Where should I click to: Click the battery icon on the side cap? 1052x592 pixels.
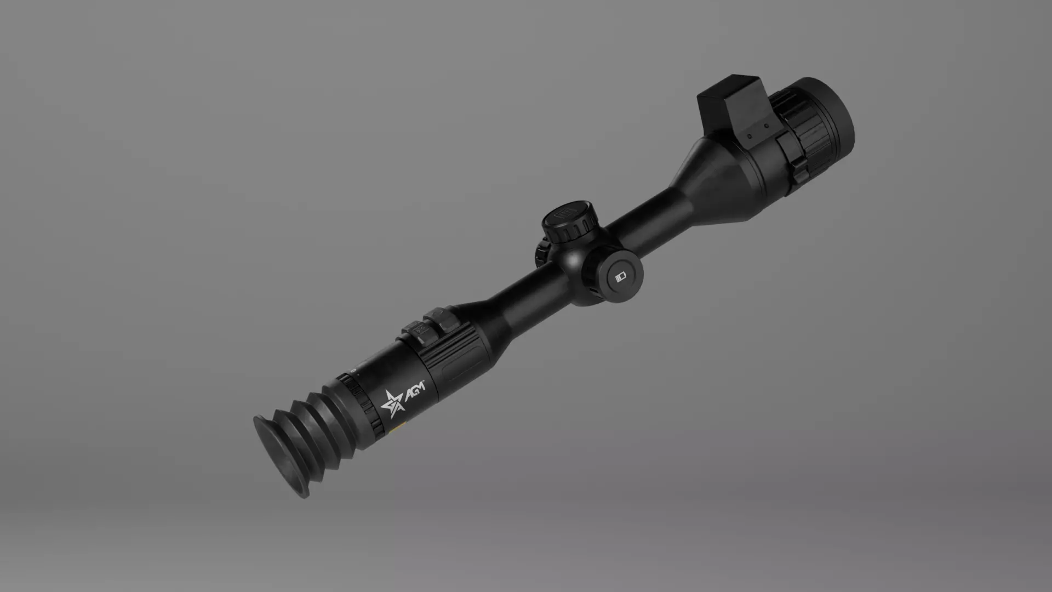tap(620, 277)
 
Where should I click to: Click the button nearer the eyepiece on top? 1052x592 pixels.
tap(415, 331)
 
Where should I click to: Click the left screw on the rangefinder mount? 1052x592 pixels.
tap(749, 136)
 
